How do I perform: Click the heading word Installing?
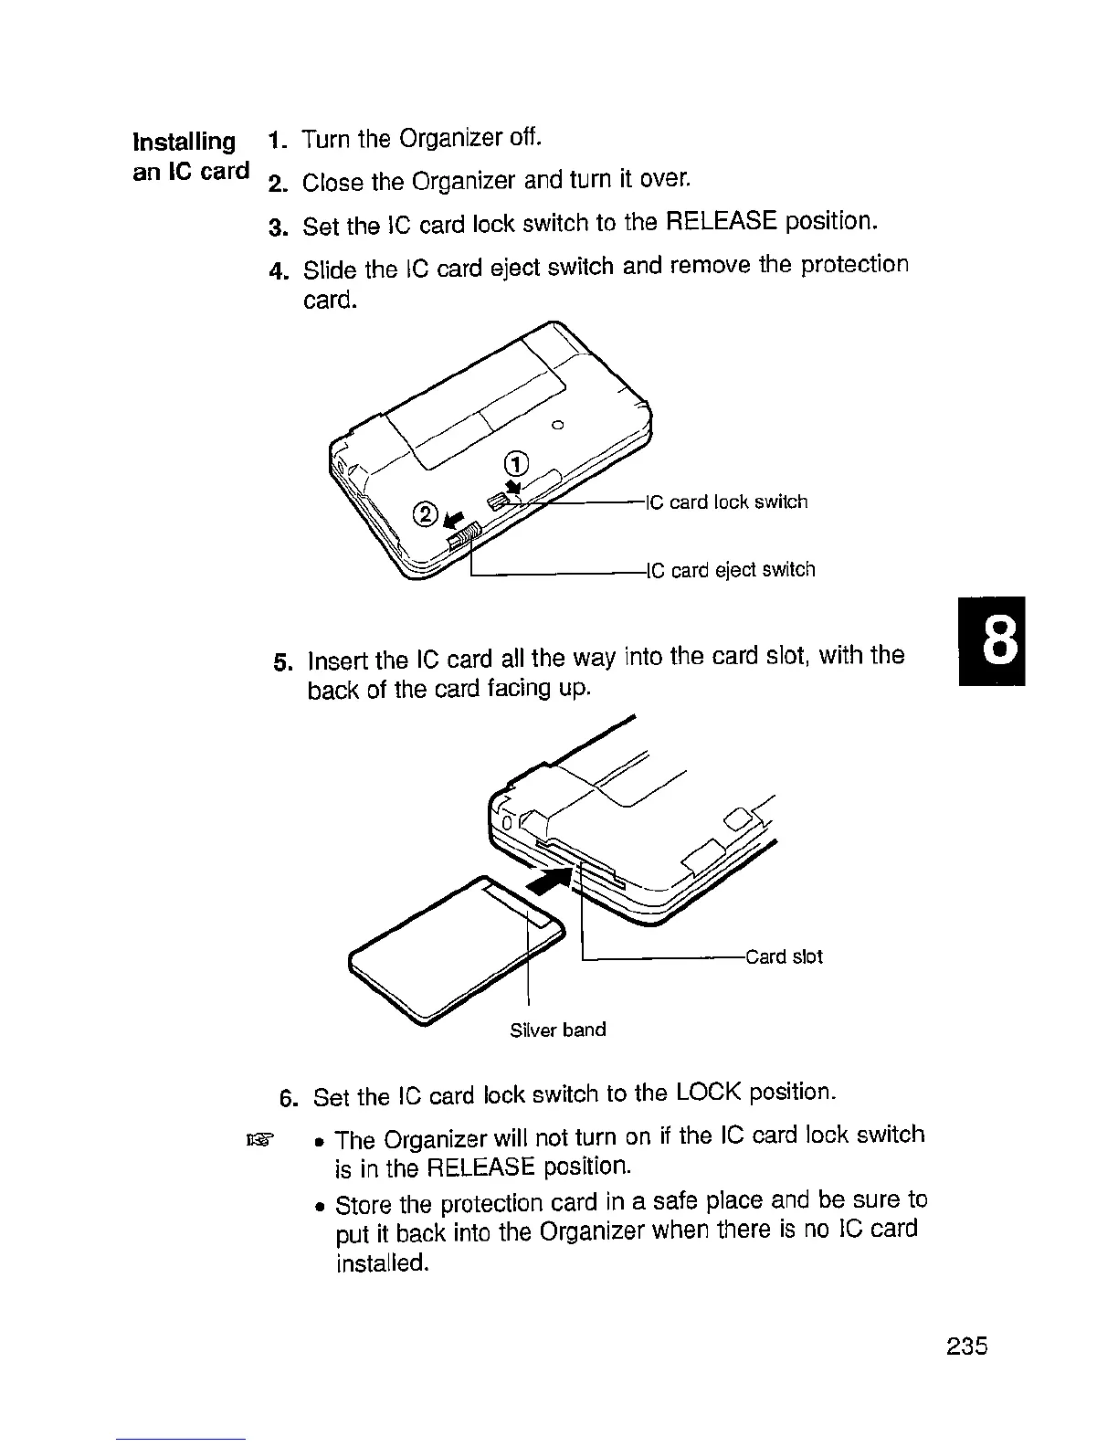[x=185, y=142]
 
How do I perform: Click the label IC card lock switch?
[x=727, y=502]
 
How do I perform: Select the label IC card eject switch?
[x=731, y=570]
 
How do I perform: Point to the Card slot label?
[x=784, y=956]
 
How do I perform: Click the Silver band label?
[x=557, y=1030]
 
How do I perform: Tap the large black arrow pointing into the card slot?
[x=550, y=882]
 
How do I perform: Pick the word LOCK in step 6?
[x=709, y=1093]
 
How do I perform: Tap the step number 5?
[x=283, y=662]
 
